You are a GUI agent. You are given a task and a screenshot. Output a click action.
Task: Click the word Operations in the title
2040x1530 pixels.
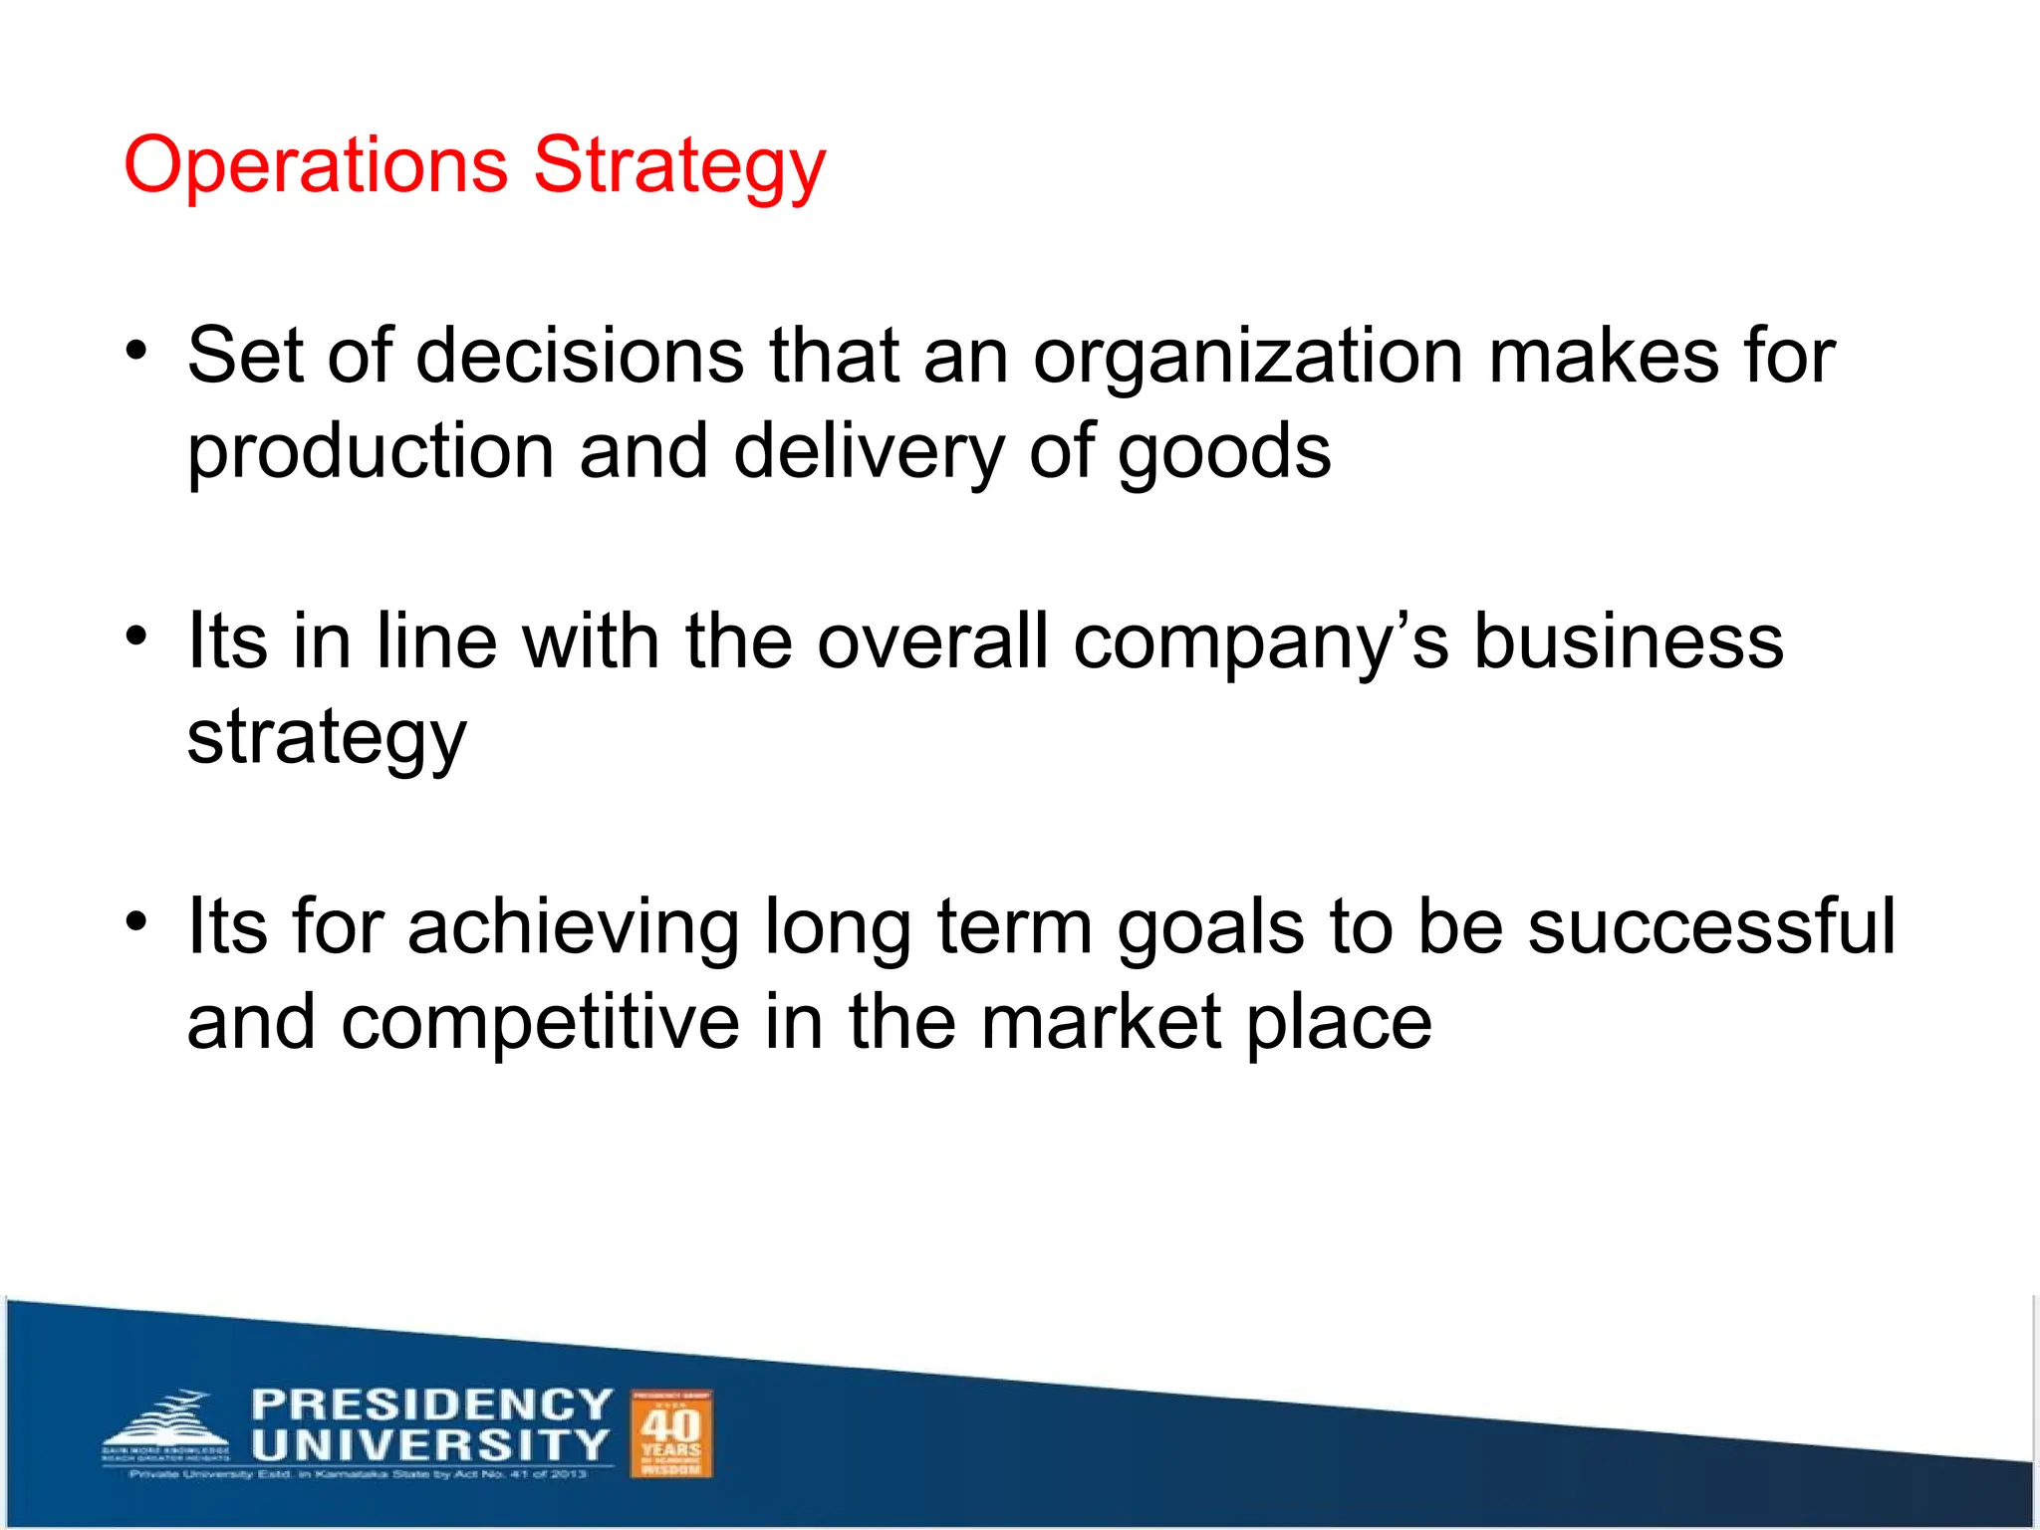point(315,165)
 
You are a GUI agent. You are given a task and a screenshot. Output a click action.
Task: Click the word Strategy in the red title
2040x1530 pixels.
point(679,167)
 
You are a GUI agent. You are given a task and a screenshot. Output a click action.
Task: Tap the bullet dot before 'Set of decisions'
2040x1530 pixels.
point(136,351)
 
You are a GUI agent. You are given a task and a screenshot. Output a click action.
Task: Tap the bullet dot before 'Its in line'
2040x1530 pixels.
point(136,636)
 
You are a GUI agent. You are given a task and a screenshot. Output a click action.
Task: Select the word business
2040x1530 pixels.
point(1628,641)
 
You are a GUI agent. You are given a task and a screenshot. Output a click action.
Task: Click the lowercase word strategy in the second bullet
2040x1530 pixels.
point(327,739)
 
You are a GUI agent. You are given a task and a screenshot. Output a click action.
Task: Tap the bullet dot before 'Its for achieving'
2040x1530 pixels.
point(136,921)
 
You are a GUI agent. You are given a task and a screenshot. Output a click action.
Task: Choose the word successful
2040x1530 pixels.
point(1711,926)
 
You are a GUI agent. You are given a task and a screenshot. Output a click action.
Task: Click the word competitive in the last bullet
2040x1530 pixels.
point(540,1023)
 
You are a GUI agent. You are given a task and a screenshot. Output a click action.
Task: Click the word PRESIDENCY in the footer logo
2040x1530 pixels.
point(431,1404)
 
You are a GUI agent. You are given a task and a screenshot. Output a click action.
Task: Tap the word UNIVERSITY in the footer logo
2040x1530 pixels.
point(429,1444)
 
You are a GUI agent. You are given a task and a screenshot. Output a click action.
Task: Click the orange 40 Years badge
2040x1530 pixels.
point(671,1434)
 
